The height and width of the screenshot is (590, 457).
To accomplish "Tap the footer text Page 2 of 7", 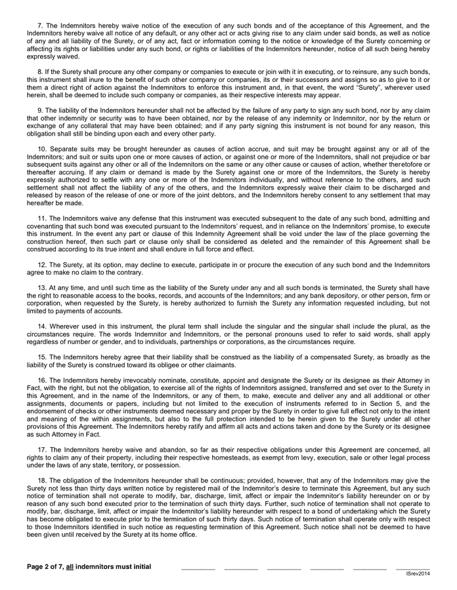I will point(48,566).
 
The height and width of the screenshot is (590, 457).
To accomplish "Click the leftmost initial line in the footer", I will point(198,568).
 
